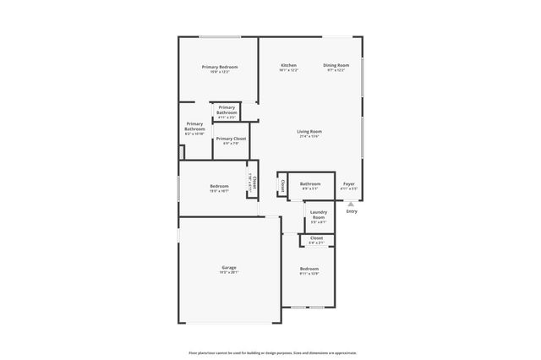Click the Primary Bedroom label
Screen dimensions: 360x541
pyautogui.click(x=219, y=67)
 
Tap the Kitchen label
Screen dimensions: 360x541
pyautogui.click(x=288, y=65)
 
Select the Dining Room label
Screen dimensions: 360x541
pyautogui.click(x=336, y=65)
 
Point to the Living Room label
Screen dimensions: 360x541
pyautogui.click(x=309, y=131)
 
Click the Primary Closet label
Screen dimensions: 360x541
pyautogui.click(x=231, y=138)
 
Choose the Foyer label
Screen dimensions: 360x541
pyautogui.click(x=348, y=183)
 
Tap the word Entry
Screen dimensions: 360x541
pyautogui.click(x=352, y=211)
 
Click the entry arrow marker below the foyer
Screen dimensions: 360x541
pyautogui.click(x=351, y=204)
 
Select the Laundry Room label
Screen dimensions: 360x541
pyautogui.click(x=318, y=215)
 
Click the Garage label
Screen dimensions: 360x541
pyautogui.click(x=229, y=267)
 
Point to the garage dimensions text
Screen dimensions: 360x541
pyautogui.click(x=229, y=273)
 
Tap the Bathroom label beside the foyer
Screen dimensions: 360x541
pyautogui.click(x=310, y=183)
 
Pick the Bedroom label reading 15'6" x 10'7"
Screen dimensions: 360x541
pyautogui.click(x=219, y=186)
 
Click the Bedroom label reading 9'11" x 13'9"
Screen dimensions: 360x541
pyautogui.click(x=309, y=269)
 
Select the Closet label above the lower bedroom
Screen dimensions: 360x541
pyautogui.click(x=316, y=238)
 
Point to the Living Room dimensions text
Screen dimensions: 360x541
pyautogui.click(x=309, y=137)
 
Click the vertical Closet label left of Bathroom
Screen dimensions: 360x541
pyautogui.click(x=282, y=185)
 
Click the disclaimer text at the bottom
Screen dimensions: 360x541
pyautogui.click(x=271, y=352)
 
